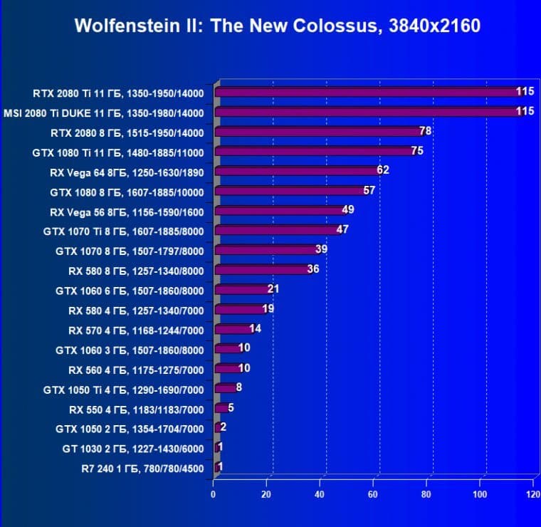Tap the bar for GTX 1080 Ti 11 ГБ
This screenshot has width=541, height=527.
(313, 151)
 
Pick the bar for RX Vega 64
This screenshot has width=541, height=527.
(295, 171)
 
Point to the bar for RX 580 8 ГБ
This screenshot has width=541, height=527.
(261, 270)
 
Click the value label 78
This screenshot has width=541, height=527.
(426, 131)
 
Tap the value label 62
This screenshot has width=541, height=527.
(383, 170)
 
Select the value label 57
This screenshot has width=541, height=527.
(369, 190)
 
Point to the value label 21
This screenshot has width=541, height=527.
(273, 289)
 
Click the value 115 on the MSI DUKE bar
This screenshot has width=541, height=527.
(525, 111)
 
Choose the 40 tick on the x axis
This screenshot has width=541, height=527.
(320, 494)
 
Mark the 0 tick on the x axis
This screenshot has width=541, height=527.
(213, 494)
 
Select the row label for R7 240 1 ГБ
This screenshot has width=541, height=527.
(142, 468)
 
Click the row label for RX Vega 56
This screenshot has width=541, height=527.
(127, 211)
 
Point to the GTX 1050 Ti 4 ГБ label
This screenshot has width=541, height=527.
(123, 389)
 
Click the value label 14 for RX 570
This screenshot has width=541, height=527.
(255, 329)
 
